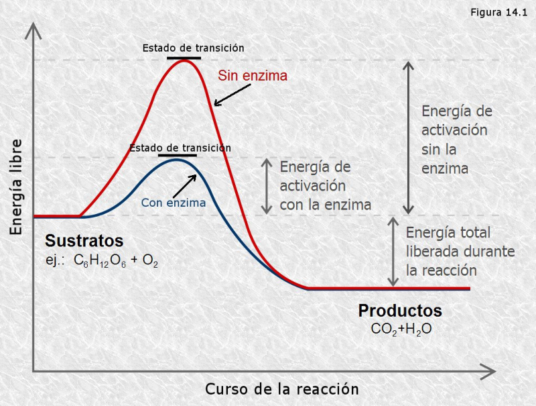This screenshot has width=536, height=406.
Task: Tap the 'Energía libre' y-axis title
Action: click(x=16, y=187)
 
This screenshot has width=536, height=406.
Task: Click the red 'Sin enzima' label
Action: click(x=253, y=76)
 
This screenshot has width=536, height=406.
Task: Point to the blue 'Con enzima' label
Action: click(x=173, y=201)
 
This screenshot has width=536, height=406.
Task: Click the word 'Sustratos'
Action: click(x=84, y=240)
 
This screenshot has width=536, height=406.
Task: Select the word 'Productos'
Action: click(x=400, y=311)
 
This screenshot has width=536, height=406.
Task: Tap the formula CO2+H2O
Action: click(x=400, y=329)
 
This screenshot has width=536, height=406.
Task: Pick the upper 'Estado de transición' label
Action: click(x=193, y=48)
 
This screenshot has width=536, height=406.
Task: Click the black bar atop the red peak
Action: click(x=184, y=59)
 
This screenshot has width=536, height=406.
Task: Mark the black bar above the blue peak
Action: click(x=178, y=155)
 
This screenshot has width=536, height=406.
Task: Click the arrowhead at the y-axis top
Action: click(x=33, y=29)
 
